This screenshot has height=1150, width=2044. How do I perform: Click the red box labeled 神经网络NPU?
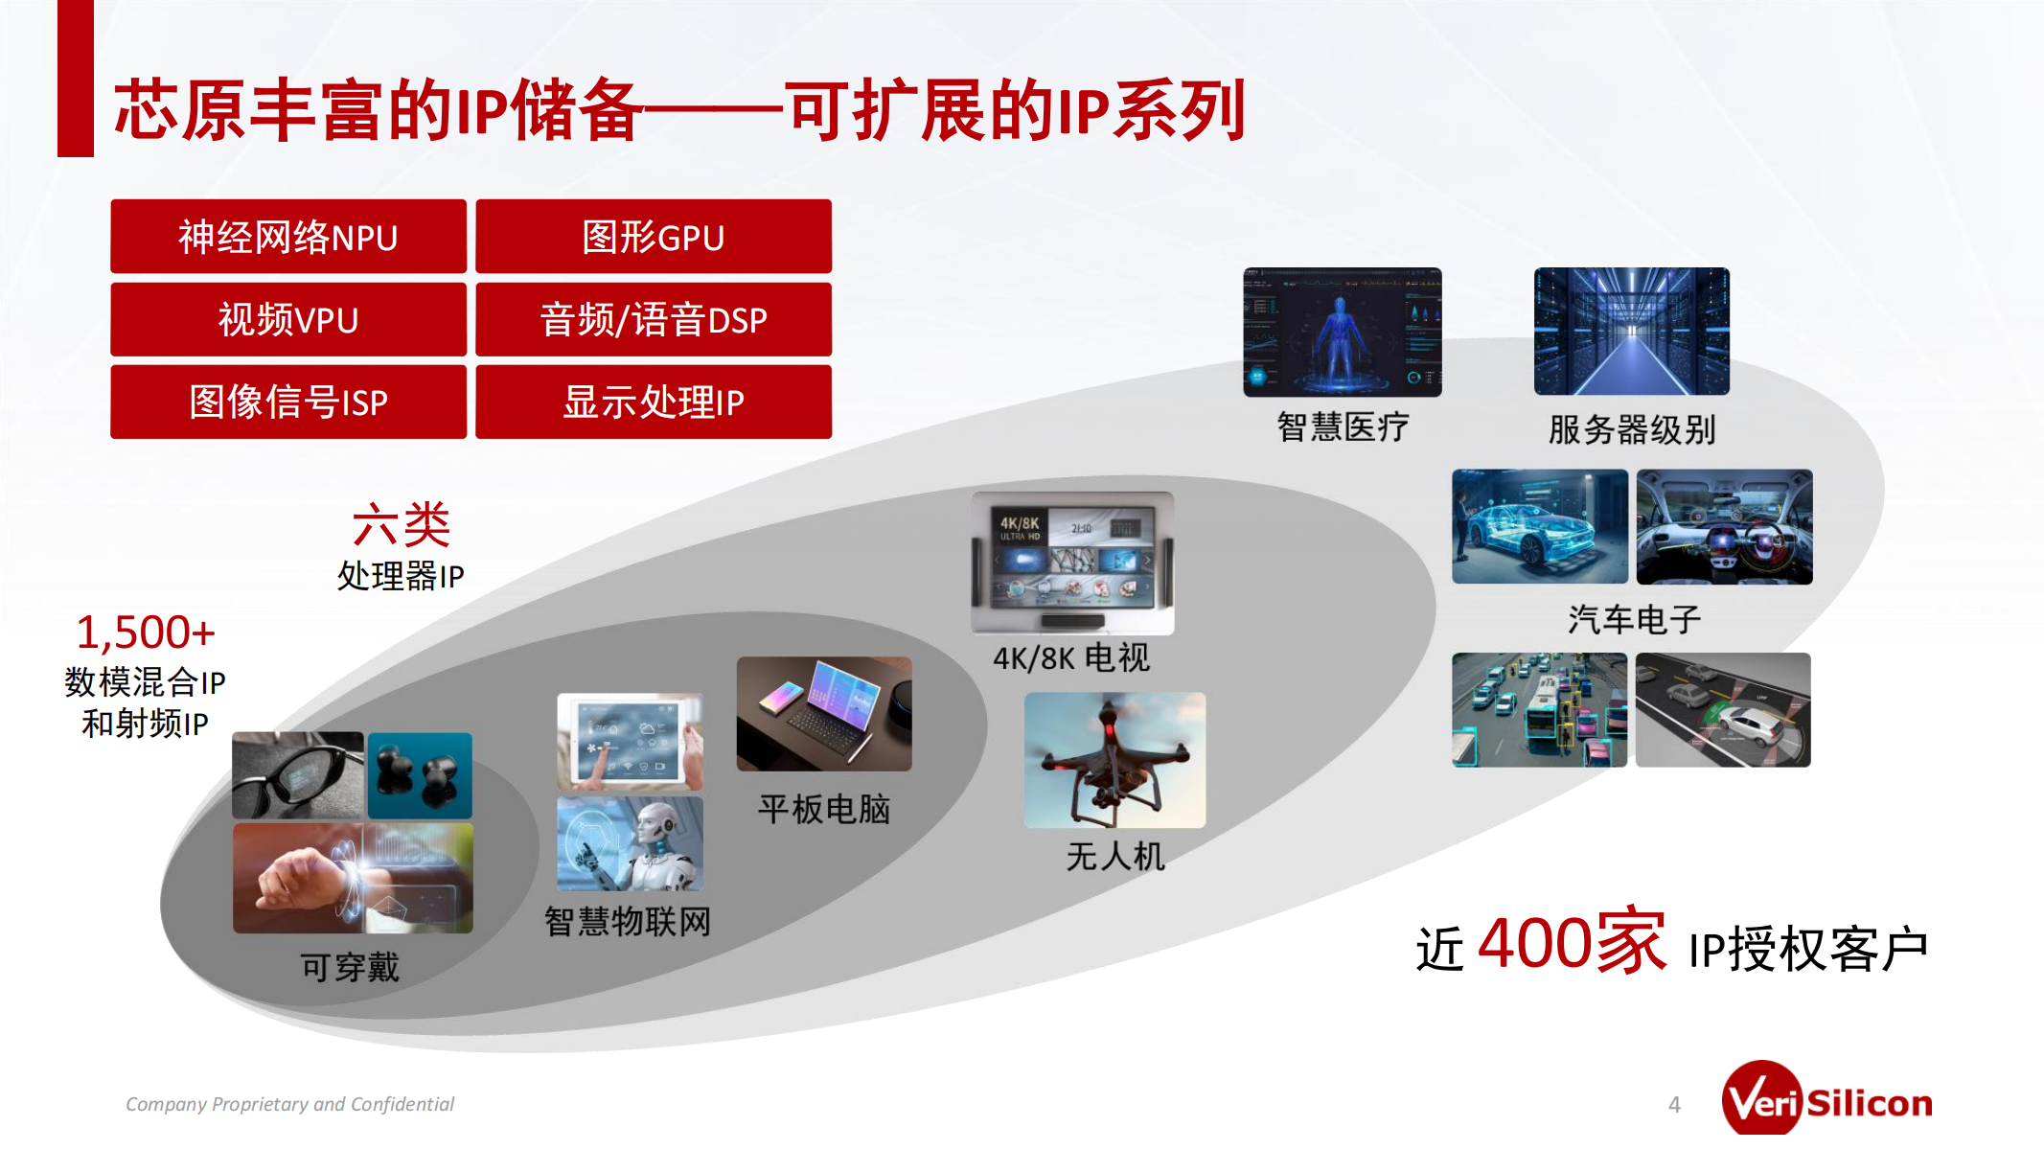[288, 237]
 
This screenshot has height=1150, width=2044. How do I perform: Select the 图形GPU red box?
[654, 237]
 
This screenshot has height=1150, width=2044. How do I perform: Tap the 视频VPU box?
[288, 319]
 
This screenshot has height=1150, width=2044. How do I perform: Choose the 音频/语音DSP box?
[654, 319]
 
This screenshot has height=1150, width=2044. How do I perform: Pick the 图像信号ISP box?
[288, 402]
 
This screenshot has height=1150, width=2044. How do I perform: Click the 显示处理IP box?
[654, 402]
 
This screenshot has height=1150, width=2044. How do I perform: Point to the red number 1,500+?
[146, 632]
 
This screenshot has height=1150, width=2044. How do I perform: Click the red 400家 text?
[1572, 943]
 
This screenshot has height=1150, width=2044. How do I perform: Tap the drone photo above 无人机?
[1114, 760]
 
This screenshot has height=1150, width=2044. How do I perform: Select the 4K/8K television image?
[1072, 563]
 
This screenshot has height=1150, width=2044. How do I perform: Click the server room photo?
[1632, 332]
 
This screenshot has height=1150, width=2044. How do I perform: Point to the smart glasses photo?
[298, 775]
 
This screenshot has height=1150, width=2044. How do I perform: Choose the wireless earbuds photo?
[420, 775]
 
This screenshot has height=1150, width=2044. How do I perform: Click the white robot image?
[631, 844]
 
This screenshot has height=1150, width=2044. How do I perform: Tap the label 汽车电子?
[1634, 620]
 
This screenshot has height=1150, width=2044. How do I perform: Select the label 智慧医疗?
[1343, 426]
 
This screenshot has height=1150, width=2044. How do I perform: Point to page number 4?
[1674, 1104]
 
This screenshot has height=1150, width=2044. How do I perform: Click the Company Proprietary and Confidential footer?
[289, 1104]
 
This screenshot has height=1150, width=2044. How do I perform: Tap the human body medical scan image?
[1343, 332]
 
